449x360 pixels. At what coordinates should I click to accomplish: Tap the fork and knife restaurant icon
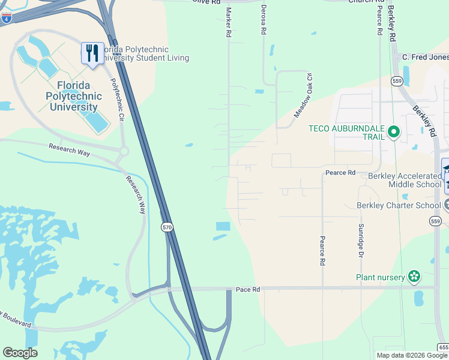tap(92, 53)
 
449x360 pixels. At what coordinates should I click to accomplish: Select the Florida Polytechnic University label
tap(73, 96)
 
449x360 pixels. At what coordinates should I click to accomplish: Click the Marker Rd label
tap(228, 23)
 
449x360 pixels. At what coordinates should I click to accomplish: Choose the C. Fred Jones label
tap(425, 57)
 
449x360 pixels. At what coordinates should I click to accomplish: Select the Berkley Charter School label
tap(399, 205)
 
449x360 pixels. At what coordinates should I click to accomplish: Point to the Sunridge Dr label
tap(361, 240)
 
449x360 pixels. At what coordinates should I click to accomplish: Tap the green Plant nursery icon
tap(414, 277)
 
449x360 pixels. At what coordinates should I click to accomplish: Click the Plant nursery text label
tap(381, 277)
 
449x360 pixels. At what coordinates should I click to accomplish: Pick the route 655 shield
tap(443, 347)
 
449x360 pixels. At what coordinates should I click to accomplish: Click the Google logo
tap(20, 353)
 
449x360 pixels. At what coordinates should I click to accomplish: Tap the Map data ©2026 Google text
tap(412, 355)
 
